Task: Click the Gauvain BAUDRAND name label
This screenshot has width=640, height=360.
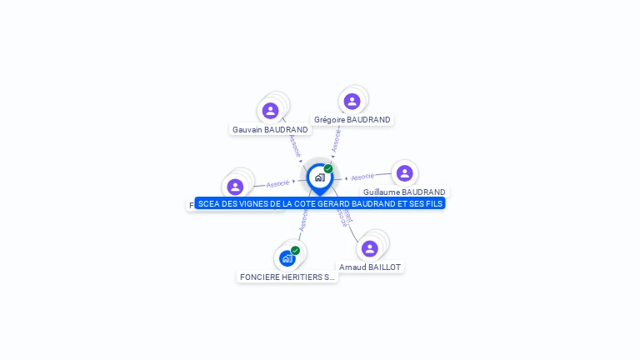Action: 270,130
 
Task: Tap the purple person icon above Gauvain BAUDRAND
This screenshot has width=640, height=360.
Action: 270,110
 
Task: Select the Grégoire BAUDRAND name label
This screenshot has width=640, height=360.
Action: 352,120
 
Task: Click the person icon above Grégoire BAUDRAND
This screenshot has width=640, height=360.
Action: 352,101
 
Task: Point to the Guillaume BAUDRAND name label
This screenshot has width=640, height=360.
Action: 404,192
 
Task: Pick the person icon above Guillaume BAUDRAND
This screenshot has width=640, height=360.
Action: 404,172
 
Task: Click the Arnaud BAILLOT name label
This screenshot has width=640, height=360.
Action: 370,267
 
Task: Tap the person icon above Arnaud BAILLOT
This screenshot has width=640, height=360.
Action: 370,248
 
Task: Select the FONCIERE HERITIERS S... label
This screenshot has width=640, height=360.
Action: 287,277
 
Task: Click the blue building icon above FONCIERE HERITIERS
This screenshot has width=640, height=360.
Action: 287,258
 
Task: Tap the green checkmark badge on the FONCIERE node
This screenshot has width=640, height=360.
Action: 295,250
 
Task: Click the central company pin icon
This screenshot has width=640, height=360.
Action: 319,177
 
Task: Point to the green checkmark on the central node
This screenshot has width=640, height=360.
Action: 328,168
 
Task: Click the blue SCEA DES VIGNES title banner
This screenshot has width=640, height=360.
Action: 320,203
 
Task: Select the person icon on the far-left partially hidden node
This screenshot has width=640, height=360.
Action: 235,187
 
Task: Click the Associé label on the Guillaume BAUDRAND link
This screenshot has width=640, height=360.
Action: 362,177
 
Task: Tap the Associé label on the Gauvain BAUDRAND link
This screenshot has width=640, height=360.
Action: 293,146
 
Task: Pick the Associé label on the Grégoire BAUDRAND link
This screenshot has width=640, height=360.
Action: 336,141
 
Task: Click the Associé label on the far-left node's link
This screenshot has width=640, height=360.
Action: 277,183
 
